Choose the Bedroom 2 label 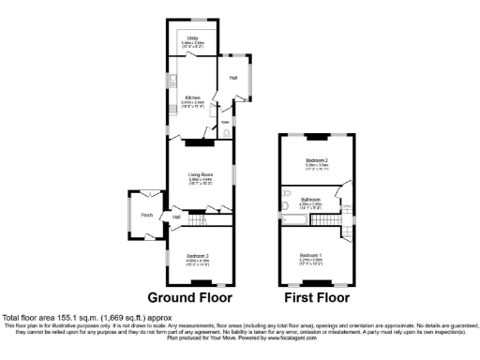click(315, 163)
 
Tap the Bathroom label click(311, 200)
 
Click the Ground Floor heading click(196, 299)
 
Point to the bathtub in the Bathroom click(295, 219)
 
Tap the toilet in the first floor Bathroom click(284, 204)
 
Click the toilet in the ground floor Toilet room click(229, 133)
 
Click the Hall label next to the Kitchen click(232, 78)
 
